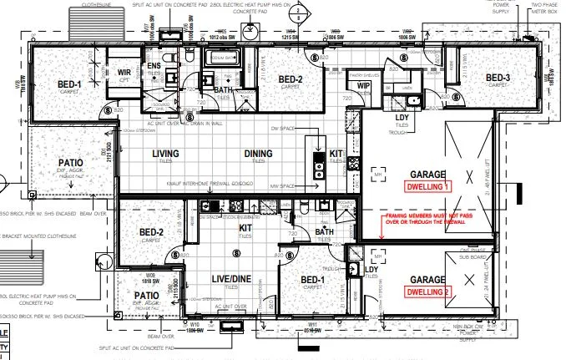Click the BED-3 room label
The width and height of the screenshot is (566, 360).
(x=498, y=79)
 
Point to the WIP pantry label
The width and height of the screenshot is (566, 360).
(x=363, y=85)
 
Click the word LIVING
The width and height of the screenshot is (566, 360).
(x=167, y=154)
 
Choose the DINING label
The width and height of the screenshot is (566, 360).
(x=259, y=154)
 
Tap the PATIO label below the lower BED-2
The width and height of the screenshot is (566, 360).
(x=147, y=294)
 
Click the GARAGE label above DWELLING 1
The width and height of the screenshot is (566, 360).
(x=427, y=175)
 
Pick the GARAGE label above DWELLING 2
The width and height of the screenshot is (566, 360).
(x=427, y=279)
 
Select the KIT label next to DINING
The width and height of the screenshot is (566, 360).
(x=336, y=154)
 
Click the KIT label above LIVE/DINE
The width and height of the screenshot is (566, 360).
(x=246, y=227)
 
